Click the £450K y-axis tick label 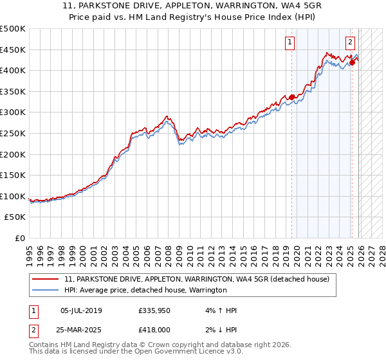(x=13, y=49)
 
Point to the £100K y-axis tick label (x=13, y=196)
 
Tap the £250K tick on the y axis (x=13, y=133)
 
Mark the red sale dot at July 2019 (x=291, y=97)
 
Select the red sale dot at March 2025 (x=352, y=63)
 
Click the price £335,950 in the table (x=153, y=310)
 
